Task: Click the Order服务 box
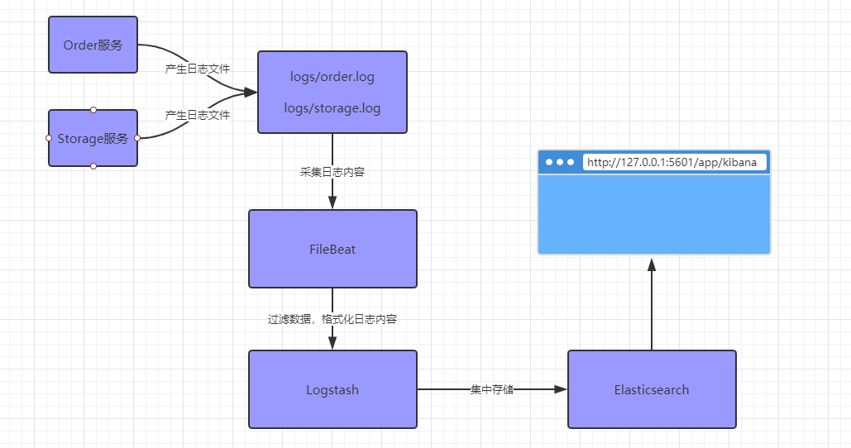(x=93, y=45)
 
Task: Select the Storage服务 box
(x=93, y=139)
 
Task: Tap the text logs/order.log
(x=332, y=77)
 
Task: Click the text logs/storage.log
(x=332, y=108)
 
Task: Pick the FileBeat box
(x=332, y=249)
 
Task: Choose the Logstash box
(x=332, y=389)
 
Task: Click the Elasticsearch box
(x=652, y=389)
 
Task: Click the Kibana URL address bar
(x=674, y=162)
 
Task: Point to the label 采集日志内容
(x=332, y=172)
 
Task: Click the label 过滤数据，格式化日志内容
(x=332, y=319)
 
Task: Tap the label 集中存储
(x=492, y=389)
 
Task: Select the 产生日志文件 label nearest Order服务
(x=198, y=69)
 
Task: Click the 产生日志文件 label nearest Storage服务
(x=198, y=115)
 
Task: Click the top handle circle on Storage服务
(x=93, y=110)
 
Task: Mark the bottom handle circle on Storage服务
(x=93, y=167)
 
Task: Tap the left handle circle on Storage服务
(x=49, y=138)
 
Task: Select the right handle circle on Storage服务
(x=137, y=138)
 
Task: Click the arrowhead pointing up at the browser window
(x=652, y=265)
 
